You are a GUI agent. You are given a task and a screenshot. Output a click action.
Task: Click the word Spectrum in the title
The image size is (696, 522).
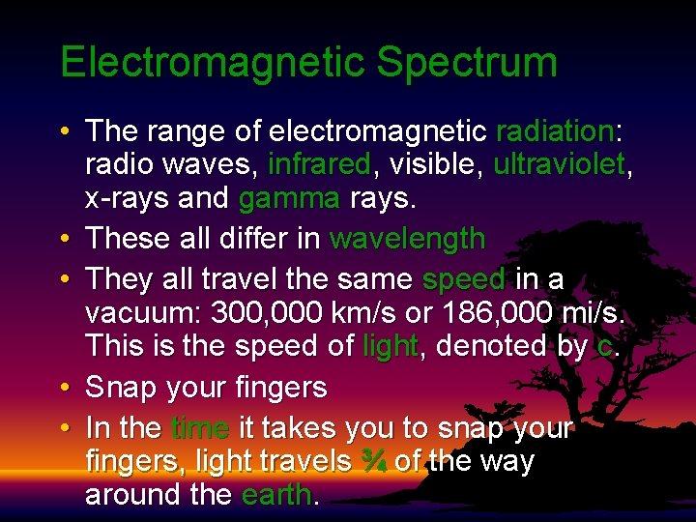click(x=467, y=63)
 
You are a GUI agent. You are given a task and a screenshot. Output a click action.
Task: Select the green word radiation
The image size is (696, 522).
click(x=555, y=131)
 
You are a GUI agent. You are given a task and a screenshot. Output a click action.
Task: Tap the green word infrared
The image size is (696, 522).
click(x=318, y=165)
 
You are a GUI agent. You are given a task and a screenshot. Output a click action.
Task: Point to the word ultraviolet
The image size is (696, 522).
click(x=559, y=165)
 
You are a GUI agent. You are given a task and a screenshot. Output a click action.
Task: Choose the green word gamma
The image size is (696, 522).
click(x=288, y=199)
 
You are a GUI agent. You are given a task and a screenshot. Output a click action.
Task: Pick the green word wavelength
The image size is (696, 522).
click(x=407, y=238)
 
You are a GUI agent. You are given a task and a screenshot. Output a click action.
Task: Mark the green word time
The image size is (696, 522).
click(x=199, y=427)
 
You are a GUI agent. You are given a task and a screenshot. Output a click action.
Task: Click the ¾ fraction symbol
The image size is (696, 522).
click(x=373, y=462)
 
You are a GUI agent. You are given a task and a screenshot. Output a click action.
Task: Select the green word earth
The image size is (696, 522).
click(x=276, y=495)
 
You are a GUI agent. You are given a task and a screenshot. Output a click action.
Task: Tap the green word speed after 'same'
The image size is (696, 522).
click(x=464, y=279)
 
